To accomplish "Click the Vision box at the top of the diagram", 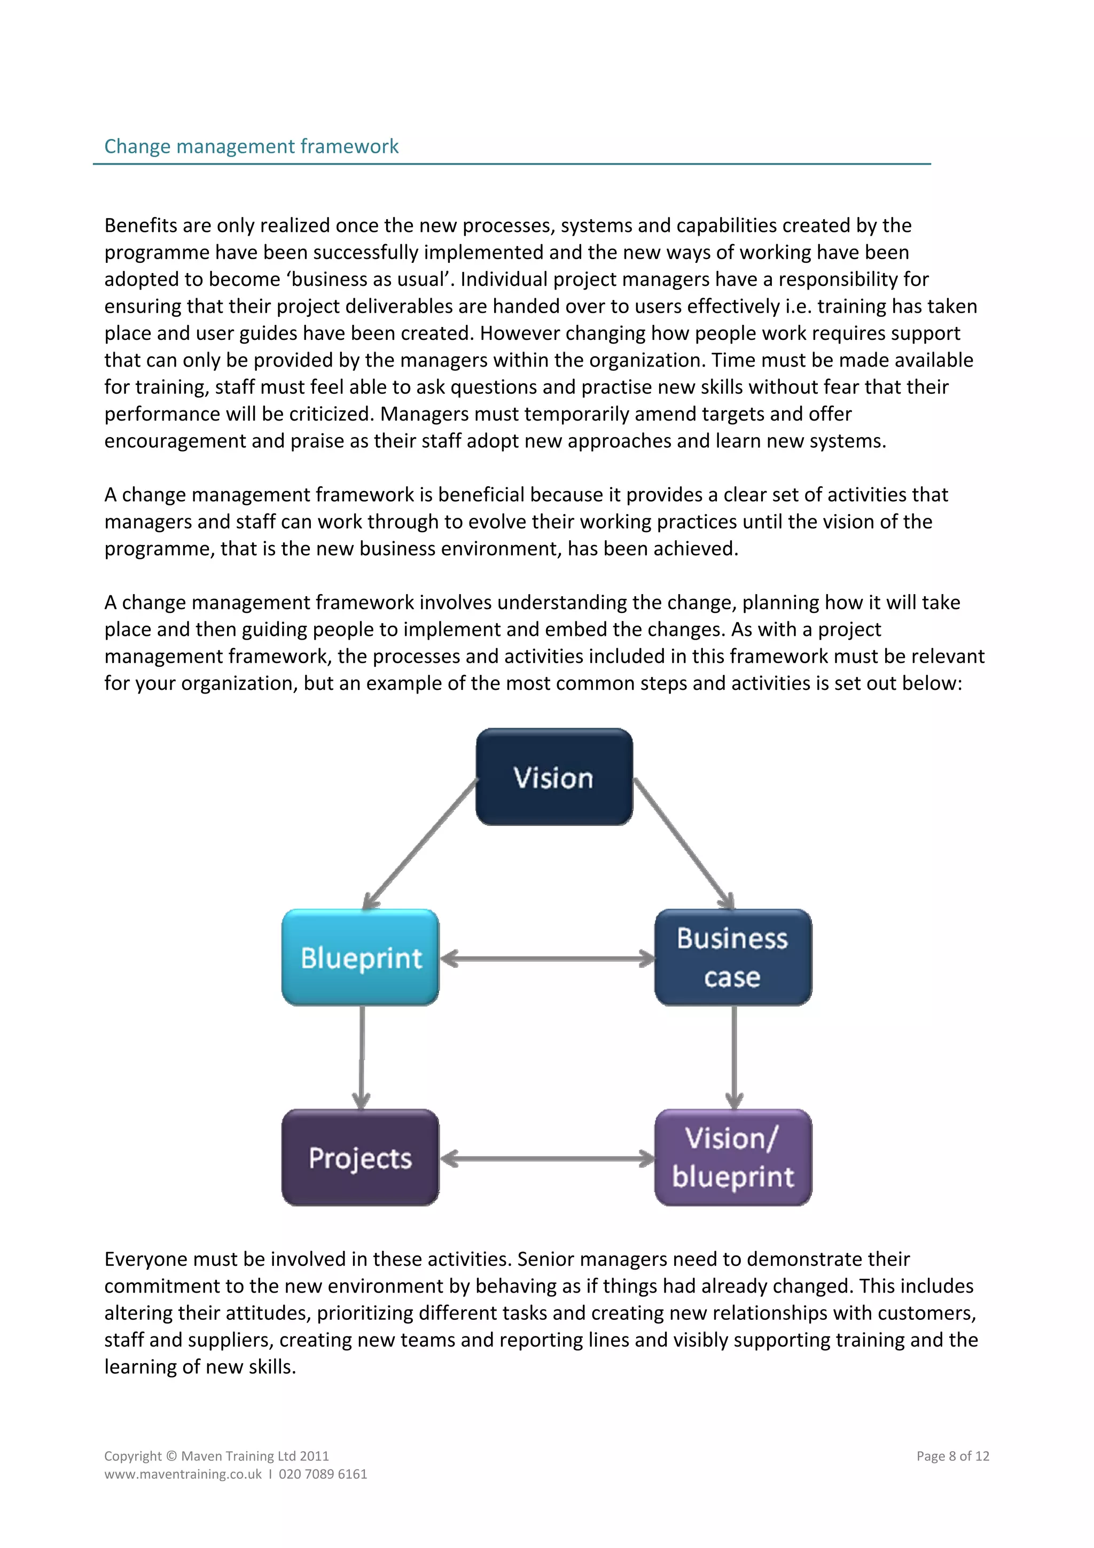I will click(x=553, y=777).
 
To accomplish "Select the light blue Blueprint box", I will click(x=361, y=958).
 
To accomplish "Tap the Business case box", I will click(x=733, y=958).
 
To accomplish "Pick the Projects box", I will click(x=361, y=1157).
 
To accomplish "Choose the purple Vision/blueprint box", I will click(x=733, y=1157).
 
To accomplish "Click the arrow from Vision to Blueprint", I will click(x=420, y=844).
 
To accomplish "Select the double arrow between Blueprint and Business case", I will click(x=546, y=958).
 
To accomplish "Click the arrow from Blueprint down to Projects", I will click(x=362, y=1056).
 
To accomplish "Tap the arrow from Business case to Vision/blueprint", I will click(x=734, y=1056).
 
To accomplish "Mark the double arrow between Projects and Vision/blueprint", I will click(x=546, y=1159).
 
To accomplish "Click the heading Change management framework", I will click(x=252, y=146).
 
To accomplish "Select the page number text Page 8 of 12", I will click(x=952, y=1456).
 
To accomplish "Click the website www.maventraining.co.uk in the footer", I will click(x=183, y=1474).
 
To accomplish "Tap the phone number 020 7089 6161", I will click(x=323, y=1474).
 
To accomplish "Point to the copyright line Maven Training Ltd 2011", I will click(x=255, y=1456).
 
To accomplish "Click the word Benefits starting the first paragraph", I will click(x=140, y=225).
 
